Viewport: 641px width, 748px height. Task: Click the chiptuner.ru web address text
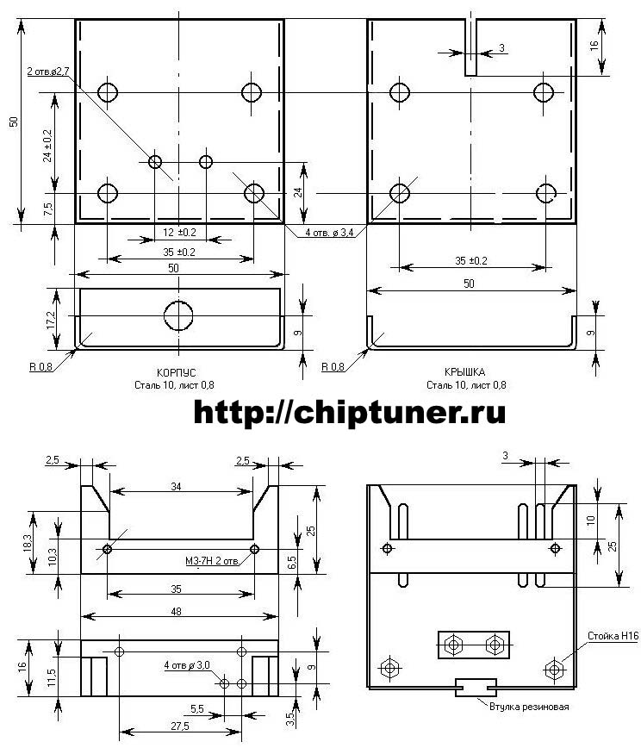349,414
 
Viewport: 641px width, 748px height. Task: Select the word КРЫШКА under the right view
465,371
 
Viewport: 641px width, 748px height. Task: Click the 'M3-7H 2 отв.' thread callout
213,563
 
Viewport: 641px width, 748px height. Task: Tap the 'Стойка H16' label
613,636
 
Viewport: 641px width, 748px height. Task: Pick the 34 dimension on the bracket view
176,488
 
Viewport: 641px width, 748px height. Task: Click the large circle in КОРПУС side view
179,315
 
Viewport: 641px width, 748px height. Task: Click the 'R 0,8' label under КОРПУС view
41,366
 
